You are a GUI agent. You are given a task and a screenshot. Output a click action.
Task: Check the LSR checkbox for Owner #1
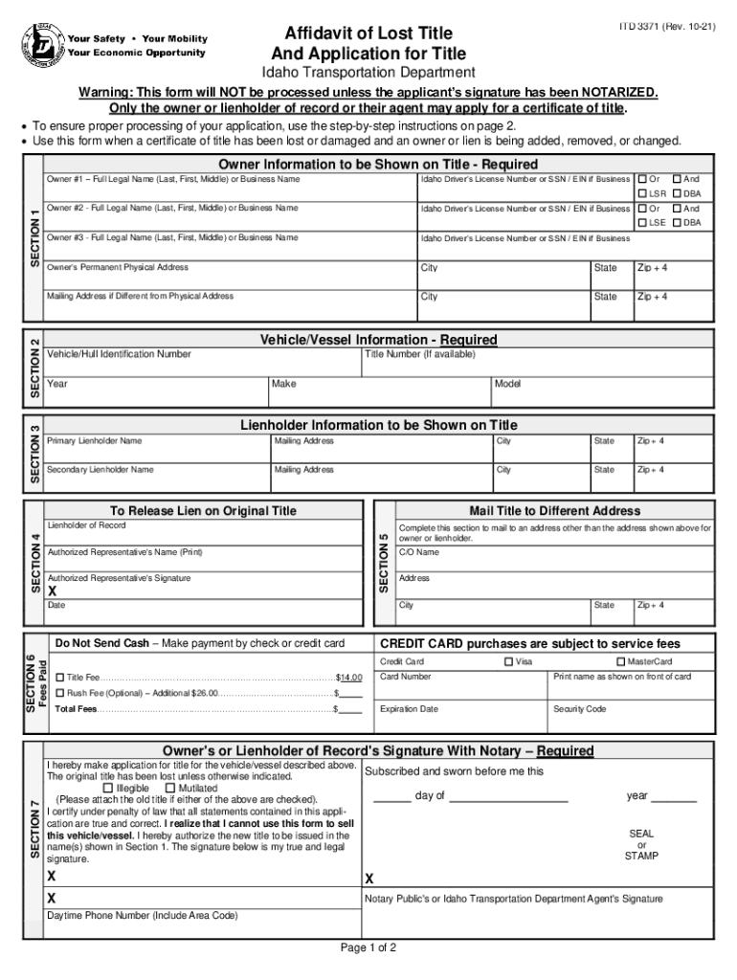click(642, 194)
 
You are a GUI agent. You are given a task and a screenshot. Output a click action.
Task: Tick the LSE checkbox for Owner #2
click(642, 223)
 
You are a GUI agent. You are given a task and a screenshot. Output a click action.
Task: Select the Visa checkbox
click(508, 662)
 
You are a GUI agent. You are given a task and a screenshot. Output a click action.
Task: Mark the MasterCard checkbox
click(620, 662)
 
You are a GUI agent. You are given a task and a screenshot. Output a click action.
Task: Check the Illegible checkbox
click(107, 789)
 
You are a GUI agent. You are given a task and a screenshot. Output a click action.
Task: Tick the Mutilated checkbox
click(170, 789)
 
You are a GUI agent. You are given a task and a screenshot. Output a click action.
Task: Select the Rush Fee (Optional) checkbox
click(60, 693)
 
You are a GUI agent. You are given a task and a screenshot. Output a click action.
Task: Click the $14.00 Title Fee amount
click(348, 678)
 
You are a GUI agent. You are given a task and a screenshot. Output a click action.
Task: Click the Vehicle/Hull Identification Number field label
click(119, 355)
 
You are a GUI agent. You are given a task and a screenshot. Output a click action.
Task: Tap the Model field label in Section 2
click(507, 384)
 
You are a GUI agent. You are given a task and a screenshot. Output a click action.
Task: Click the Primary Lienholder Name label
click(95, 441)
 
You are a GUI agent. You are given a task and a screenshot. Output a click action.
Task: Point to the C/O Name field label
click(419, 553)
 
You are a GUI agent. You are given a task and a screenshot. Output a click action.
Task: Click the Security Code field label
click(580, 709)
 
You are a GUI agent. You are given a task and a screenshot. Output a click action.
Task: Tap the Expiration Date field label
click(409, 709)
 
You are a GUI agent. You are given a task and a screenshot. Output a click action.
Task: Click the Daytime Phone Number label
click(143, 916)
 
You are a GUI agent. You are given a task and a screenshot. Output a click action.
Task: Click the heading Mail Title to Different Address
click(554, 511)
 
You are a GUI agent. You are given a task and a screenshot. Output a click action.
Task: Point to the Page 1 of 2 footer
click(368, 948)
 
